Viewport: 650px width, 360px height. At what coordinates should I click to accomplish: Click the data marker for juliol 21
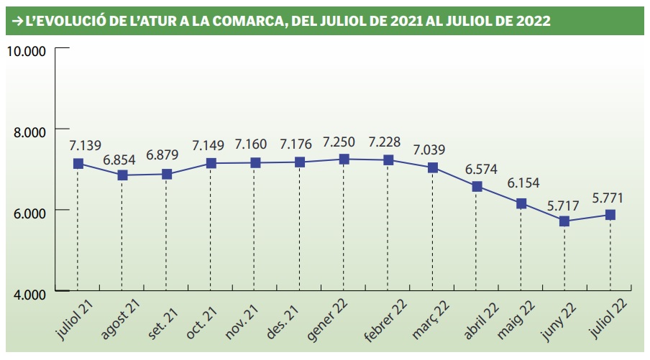click(x=78, y=163)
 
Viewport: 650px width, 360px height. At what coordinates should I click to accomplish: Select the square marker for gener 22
click(x=344, y=159)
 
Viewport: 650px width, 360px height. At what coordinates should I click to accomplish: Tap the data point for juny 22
click(x=565, y=221)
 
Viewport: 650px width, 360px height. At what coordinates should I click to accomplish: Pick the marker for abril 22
click(x=477, y=187)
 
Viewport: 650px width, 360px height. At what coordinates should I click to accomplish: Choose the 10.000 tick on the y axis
click(x=26, y=50)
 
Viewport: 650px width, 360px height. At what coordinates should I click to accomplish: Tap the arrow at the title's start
click(x=17, y=21)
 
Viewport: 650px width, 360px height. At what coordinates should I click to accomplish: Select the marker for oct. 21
click(x=211, y=163)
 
